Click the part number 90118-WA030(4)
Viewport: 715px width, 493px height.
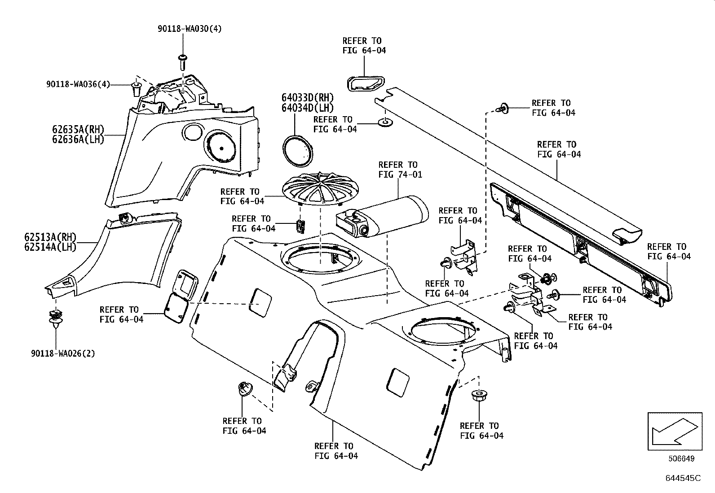point(190,29)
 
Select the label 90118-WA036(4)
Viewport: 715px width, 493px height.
point(78,84)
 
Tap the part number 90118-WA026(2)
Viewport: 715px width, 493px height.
point(63,353)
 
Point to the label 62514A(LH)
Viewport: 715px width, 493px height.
point(50,246)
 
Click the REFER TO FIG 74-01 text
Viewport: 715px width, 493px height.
point(400,170)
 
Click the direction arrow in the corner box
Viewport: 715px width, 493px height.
point(673,431)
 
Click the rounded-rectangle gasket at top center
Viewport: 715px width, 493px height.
point(365,84)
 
